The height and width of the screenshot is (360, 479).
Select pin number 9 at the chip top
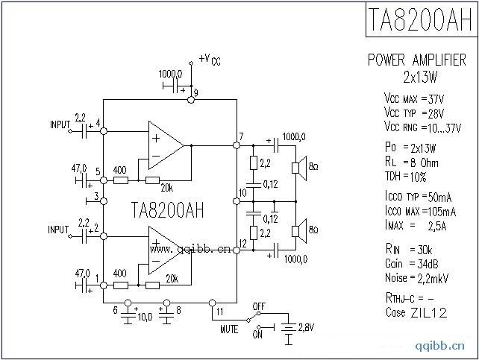point(195,91)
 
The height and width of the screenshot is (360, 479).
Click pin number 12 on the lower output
point(242,244)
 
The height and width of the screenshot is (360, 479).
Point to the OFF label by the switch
point(260,306)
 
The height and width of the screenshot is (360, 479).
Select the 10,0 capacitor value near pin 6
point(145,317)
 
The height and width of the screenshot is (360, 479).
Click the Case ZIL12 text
point(416,313)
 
